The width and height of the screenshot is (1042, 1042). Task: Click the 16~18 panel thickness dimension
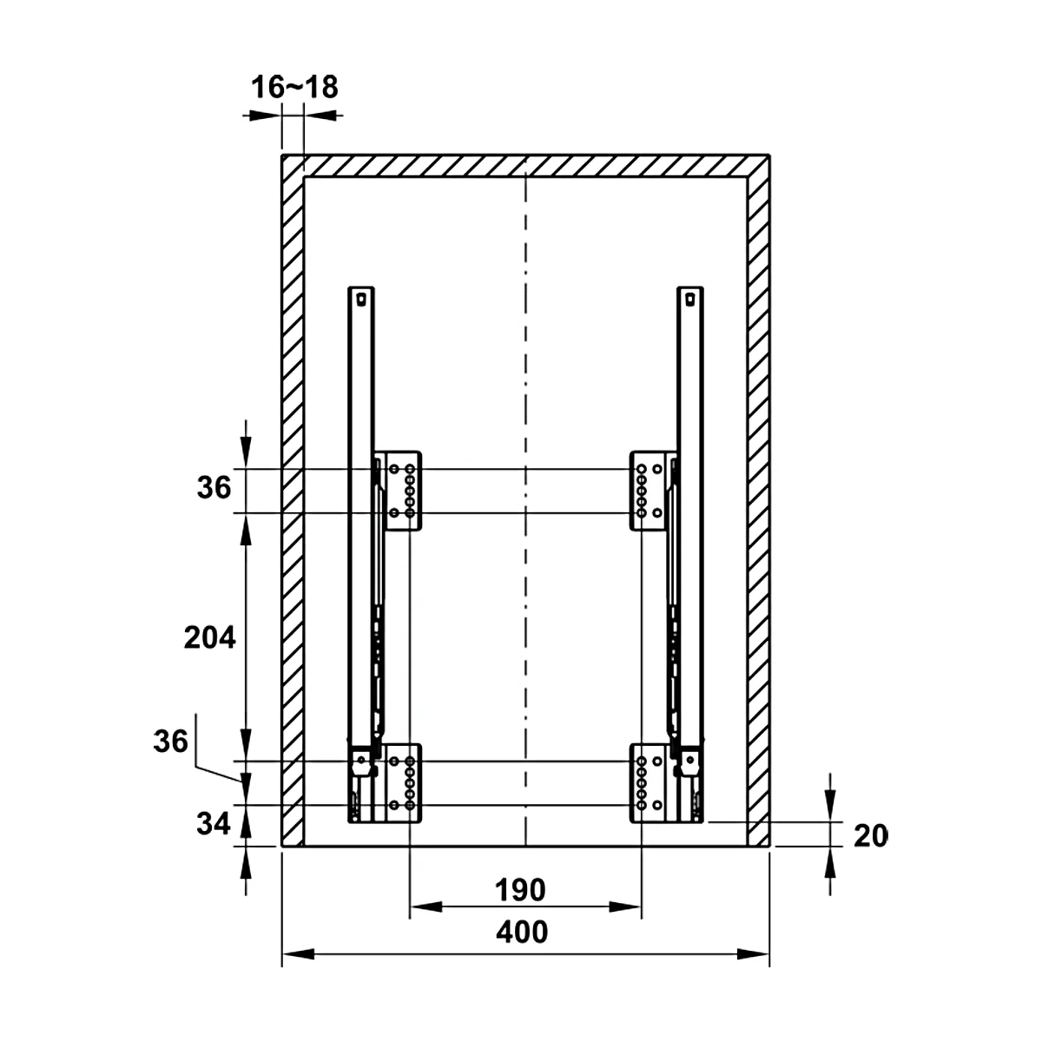pos(294,87)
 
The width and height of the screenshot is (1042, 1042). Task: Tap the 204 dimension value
pos(210,637)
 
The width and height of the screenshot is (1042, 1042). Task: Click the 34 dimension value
pos(214,823)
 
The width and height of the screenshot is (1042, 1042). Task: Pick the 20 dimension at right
pos(871,835)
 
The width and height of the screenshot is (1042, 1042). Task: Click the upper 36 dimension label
pos(214,487)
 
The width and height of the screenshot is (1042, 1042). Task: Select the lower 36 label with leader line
pos(171,741)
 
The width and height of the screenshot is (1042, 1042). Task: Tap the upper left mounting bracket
pos(402,491)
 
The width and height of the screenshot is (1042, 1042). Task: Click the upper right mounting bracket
pos(649,491)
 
